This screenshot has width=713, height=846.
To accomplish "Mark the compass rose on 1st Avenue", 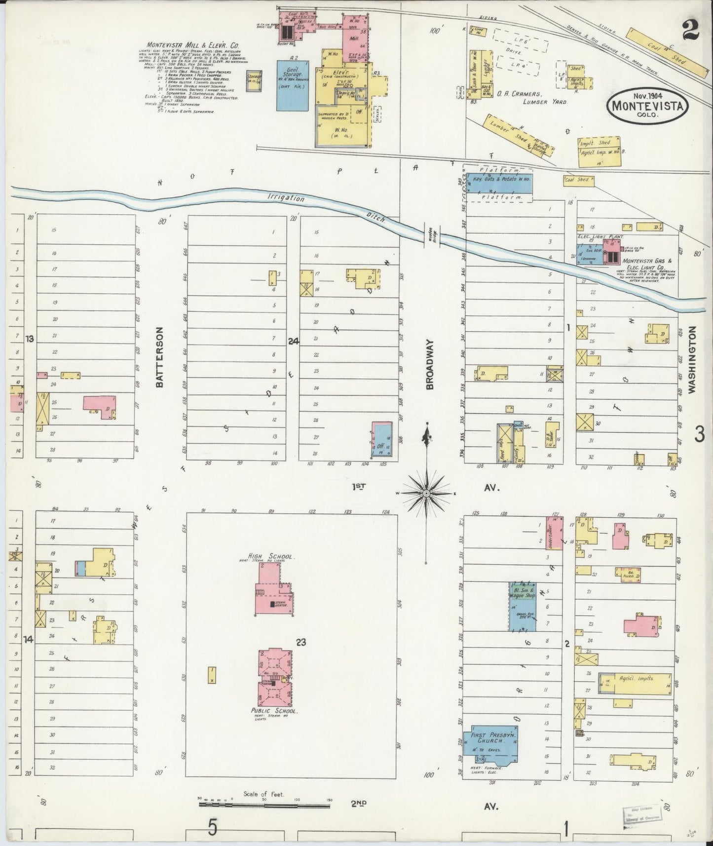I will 426,493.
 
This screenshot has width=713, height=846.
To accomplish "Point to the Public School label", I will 274,711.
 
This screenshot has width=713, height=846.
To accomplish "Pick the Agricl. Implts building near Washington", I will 635,684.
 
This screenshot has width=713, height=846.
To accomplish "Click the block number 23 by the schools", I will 301,642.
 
